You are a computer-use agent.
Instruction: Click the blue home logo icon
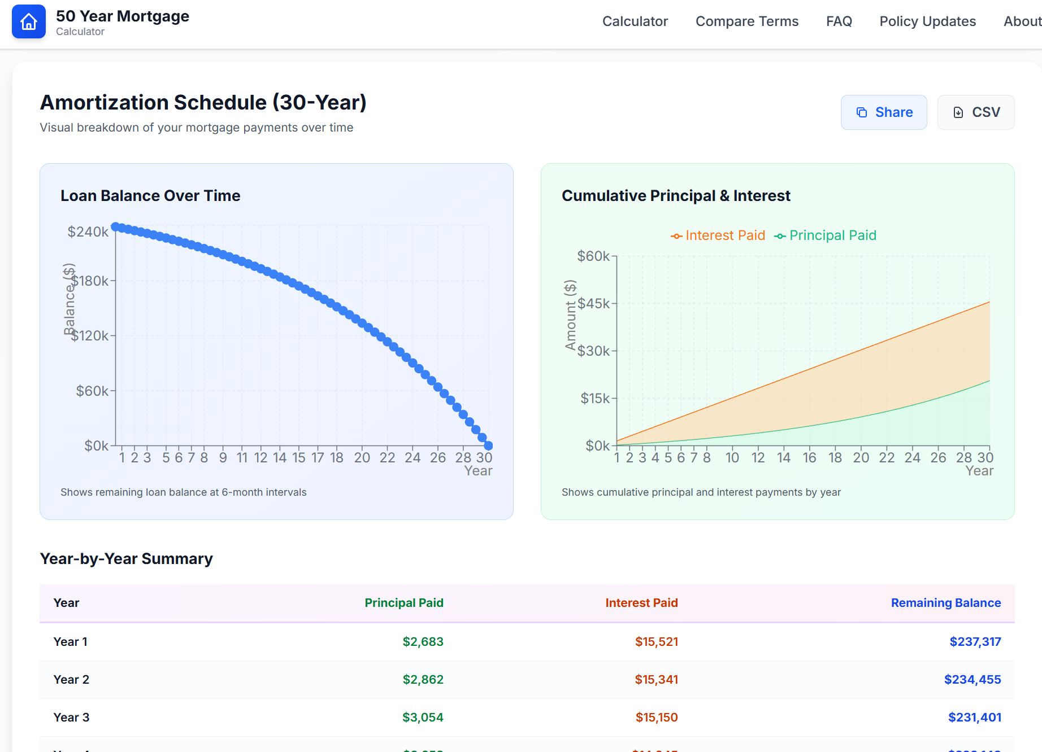point(29,22)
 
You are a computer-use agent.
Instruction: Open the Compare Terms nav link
point(746,21)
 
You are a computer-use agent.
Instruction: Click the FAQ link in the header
point(839,21)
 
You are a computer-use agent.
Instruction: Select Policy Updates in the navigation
point(927,21)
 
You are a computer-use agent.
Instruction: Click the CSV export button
point(975,112)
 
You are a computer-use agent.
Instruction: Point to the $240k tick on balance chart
point(88,232)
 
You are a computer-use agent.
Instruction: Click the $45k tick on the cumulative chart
point(593,304)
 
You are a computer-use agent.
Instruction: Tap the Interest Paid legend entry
point(718,235)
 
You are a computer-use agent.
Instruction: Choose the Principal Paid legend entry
point(826,235)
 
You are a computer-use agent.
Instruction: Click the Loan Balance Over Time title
point(150,196)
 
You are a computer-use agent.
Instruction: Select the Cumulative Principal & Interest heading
point(676,196)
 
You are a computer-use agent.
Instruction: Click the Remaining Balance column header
point(945,603)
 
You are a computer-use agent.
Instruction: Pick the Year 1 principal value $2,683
point(423,642)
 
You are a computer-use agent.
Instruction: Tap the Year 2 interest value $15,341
point(656,680)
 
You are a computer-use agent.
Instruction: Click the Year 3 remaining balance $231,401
point(974,718)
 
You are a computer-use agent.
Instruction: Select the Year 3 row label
point(71,718)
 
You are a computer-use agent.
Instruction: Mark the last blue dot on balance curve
point(488,446)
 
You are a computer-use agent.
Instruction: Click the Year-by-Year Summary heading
point(126,559)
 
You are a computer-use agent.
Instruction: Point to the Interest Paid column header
point(641,603)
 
